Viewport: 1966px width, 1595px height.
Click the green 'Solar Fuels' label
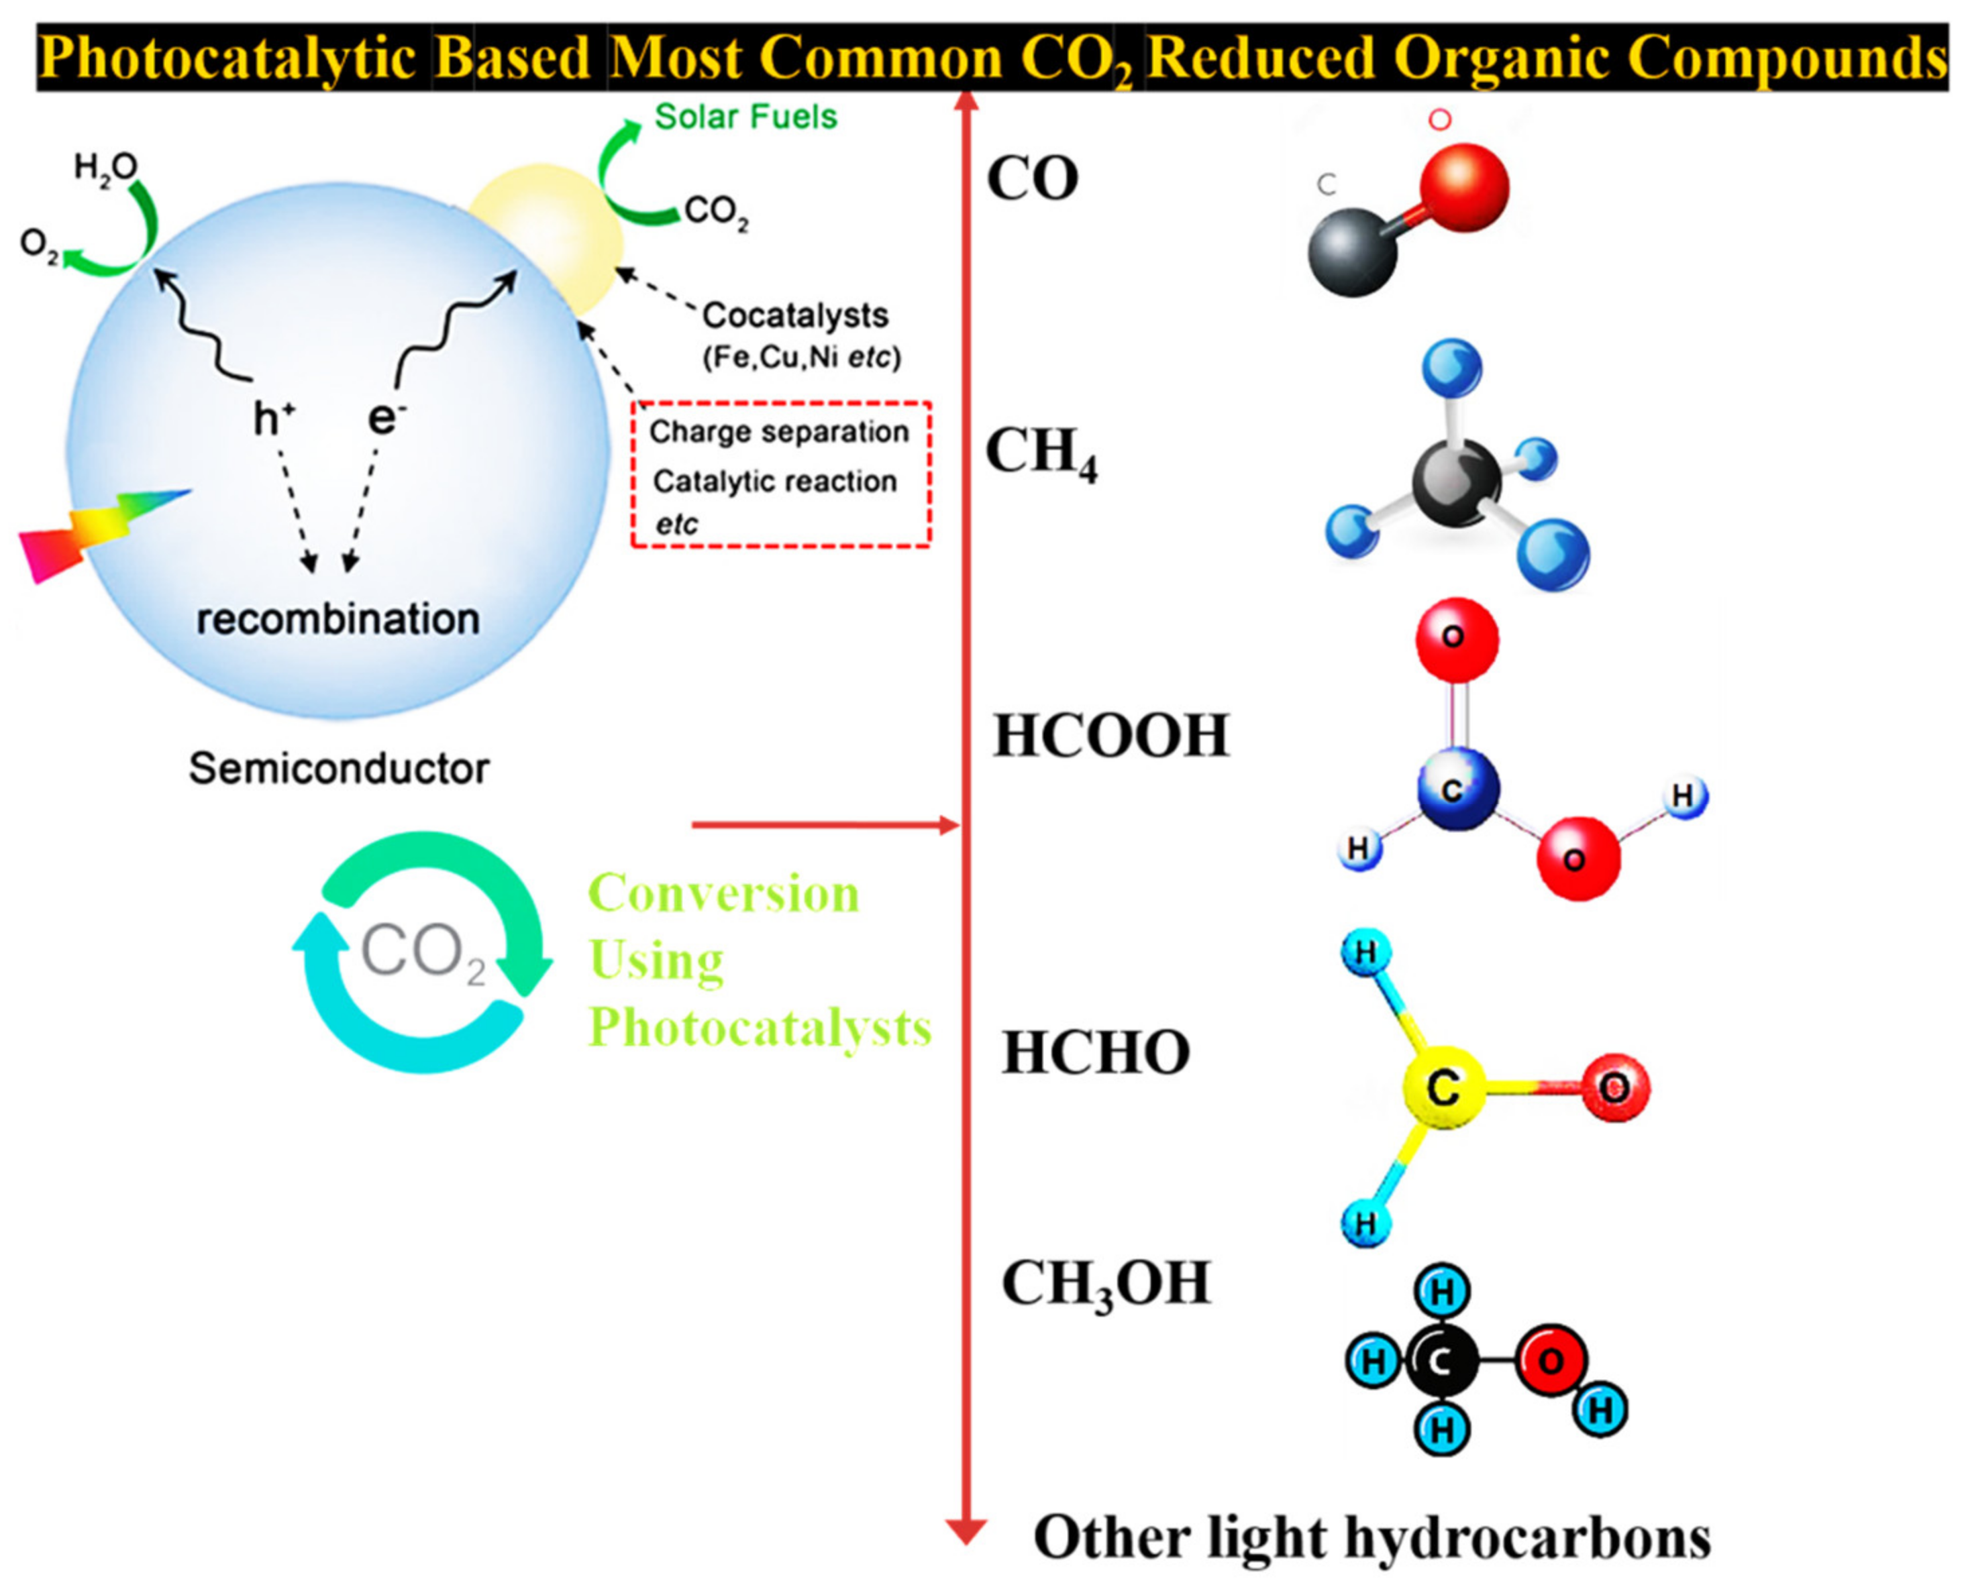pyautogui.click(x=745, y=117)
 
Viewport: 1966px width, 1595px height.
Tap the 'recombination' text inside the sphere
pyautogui.click(x=338, y=619)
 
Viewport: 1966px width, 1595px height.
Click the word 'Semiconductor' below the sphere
pyautogui.click(x=338, y=768)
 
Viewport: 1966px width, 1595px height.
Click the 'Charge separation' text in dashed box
pyautogui.click(x=778, y=432)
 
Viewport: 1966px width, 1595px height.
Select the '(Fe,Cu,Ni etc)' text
pyautogui.click(x=801, y=357)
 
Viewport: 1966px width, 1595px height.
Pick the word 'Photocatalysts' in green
pyautogui.click(x=759, y=1027)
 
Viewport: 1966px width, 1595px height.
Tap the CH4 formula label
pyautogui.click(x=1041, y=454)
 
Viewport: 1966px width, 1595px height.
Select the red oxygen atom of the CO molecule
pyautogui.click(x=1463, y=187)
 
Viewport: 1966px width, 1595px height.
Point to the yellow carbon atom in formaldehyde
pyautogui.click(x=1443, y=1089)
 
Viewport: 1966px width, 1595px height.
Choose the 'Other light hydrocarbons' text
pyautogui.click(x=1372, y=1536)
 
